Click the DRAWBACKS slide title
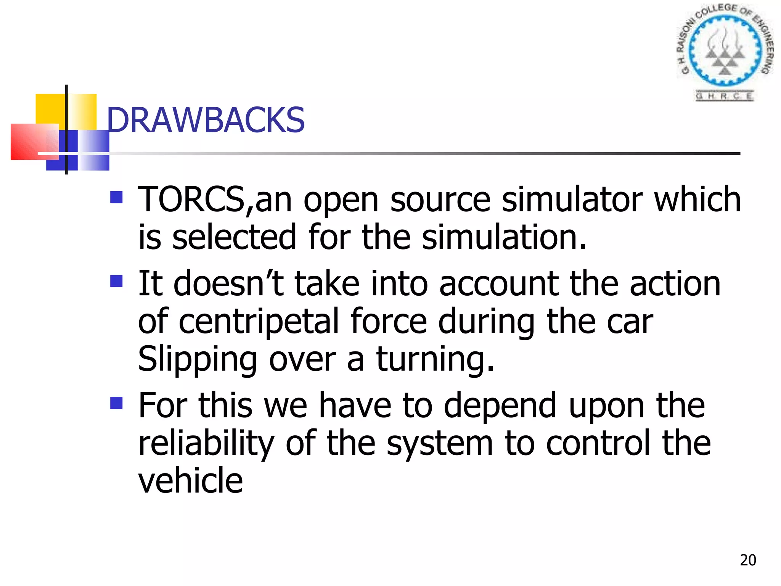pyautogui.click(x=206, y=120)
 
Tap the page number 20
pyautogui.click(x=748, y=560)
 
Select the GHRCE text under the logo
pyautogui.click(x=724, y=96)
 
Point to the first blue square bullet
pyautogui.click(x=116, y=197)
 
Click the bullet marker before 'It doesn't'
pyautogui.click(x=116, y=282)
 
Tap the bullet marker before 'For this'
pyautogui.click(x=116, y=403)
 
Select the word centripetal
pyautogui.click(x=259, y=322)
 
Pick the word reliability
pyautogui.click(x=206, y=443)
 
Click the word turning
pyautogui.click(x=435, y=359)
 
